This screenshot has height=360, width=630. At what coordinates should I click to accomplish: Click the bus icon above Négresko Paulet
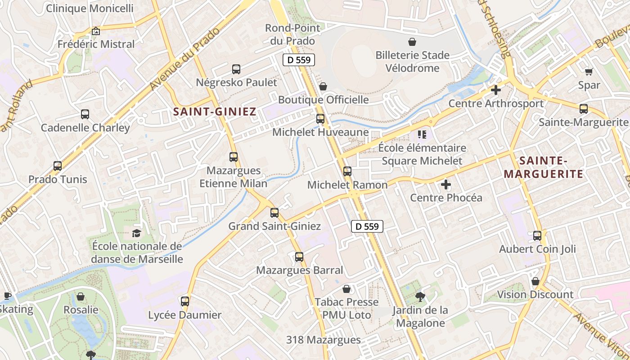pos(236,69)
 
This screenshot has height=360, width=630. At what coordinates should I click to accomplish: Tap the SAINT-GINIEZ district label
pos(215,112)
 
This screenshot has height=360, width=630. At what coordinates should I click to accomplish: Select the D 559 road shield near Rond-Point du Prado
pos(299,60)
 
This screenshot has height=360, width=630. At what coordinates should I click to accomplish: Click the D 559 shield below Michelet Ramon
pos(367,226)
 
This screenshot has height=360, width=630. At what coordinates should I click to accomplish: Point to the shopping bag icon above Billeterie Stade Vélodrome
pos(412,42)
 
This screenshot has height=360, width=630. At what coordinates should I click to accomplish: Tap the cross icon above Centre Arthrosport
pos(495,90)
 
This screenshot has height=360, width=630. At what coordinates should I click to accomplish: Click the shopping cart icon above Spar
pos(589,72)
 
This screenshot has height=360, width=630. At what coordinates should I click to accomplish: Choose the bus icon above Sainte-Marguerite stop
pos(584,109)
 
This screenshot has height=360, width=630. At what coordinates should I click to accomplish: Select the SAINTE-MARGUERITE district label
pos(543,167)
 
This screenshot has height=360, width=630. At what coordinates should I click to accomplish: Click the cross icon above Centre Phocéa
pos(446,184)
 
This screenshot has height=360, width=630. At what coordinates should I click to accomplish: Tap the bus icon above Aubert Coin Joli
pos(537,236)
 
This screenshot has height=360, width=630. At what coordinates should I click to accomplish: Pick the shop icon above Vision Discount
pos(535,282)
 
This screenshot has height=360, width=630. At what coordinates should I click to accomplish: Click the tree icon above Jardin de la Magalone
pos(420,297)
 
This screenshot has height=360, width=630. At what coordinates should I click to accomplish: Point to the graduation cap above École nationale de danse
pos(136,233)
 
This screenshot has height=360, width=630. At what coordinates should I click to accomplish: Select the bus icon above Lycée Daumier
pos(185,301)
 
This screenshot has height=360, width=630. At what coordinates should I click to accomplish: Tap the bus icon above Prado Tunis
pos(58,166)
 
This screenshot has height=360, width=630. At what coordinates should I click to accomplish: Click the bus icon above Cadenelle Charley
pos(85,114)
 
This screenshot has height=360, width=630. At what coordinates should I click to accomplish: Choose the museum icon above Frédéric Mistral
pos(95,31)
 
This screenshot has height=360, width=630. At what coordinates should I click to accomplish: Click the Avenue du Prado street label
pos(184,58)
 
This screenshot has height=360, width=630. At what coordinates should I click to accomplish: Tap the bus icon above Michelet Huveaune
pos(320,119)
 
